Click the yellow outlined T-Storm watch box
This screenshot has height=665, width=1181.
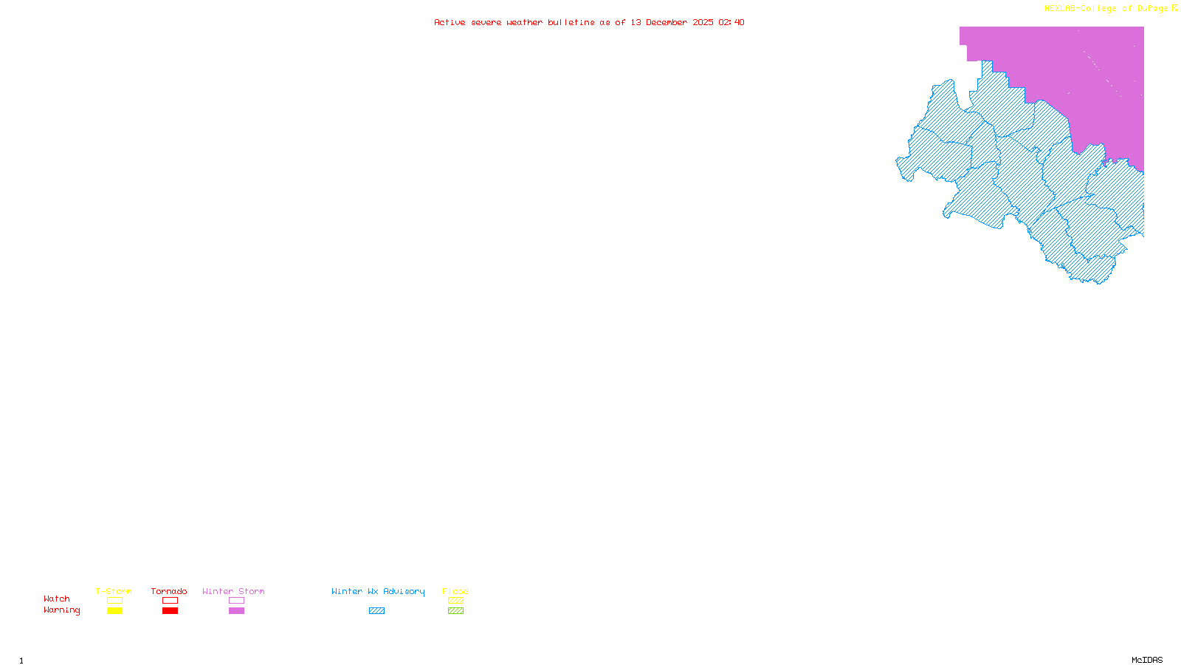pos(114,601)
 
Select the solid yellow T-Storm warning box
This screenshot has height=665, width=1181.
pos(114,611)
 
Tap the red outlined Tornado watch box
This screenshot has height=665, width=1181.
pos(170,601)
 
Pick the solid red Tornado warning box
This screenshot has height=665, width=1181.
pos(170,611)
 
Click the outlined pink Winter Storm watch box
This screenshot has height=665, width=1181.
pos(236,601)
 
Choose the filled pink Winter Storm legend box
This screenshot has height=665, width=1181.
pos(236,611)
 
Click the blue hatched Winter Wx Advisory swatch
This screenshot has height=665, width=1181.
pos(376,611)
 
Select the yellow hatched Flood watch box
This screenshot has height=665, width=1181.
pos(455,601)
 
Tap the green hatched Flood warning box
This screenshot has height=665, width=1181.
pos(455,611)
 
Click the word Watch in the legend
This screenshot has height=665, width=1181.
pos(57,599)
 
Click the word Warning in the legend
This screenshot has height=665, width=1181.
pos(61,610)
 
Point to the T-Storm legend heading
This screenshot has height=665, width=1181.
pos(114,591)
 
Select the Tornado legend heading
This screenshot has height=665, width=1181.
pos(169,591)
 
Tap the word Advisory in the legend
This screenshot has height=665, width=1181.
pos(404,591)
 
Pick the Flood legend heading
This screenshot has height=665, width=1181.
pos(455,591)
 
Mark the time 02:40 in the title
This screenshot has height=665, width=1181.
pos(731,22)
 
